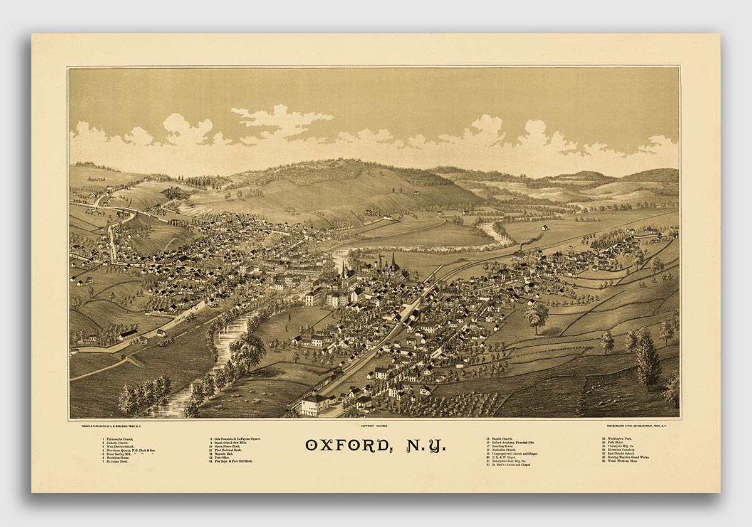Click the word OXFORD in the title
pos(343,445)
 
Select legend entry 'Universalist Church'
pos(118,439)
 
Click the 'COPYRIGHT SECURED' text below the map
pos(374,425)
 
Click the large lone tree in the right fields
pos(536,316)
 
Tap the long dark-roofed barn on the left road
pos(128,335)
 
